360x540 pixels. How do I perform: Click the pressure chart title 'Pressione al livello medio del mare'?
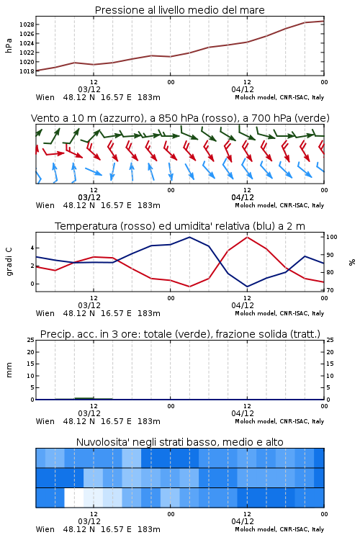(x=179, y=10)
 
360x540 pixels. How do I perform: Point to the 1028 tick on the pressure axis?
(x=27, y=24)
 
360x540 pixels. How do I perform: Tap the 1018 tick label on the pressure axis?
(x=27, y=71)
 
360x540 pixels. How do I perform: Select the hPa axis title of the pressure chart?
(x=9, y=45)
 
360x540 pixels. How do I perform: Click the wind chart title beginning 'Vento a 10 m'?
(x=180, y=118)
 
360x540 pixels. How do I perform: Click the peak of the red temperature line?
(x=247, y=237)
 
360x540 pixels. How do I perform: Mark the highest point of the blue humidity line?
(x=189, y=237)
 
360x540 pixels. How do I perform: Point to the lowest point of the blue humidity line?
(x=247, y=287)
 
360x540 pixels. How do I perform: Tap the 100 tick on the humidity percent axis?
(x=332, y=237)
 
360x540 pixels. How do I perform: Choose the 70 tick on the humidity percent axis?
(x=330, y=290)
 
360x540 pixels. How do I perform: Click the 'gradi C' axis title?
(x=9, y=261)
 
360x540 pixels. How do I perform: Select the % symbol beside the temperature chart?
(x=352, y=262)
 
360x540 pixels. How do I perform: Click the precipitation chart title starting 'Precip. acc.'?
(x=180, y=334)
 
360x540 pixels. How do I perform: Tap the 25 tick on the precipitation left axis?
(x=31, y=340)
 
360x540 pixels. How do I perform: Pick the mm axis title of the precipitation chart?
(x=9, y=369)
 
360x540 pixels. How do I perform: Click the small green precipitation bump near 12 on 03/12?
(x=84, y=398)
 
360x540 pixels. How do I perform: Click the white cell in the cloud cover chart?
(x=74, y=498)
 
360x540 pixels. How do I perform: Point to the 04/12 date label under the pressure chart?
(x=243, y=89)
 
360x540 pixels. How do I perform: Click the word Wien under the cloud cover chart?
(x=45, y=529)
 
